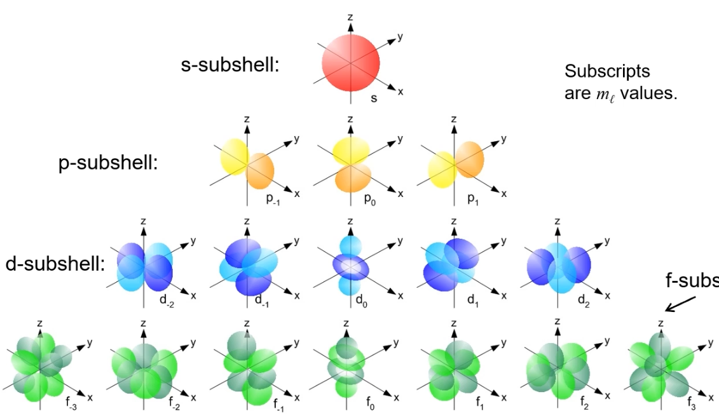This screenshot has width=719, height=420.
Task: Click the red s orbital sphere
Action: [350, 65]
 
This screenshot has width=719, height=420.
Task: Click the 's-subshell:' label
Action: [230, 65]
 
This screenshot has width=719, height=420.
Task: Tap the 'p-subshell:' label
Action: [107, 163]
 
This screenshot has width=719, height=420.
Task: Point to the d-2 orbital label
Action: [168, 298]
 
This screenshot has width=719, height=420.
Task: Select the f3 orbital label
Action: [692, 402]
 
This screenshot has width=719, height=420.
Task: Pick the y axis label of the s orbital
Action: [401, 37]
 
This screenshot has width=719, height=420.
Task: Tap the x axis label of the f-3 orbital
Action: [90, 397]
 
